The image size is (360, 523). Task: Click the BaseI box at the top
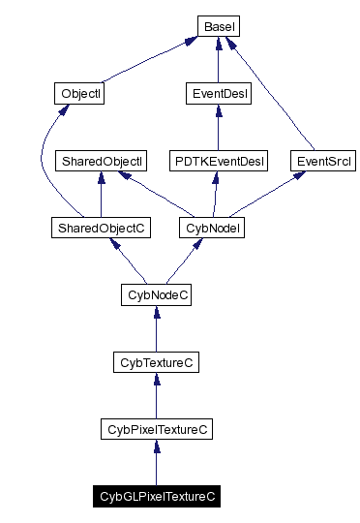coord(218,27)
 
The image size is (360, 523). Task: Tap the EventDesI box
coord(218,94)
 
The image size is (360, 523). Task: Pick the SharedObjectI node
coord(101,161)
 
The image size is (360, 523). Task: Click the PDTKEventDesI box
coord(218,161)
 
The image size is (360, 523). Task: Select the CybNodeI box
coord(211,228)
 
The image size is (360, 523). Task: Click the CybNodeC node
coord(156,294)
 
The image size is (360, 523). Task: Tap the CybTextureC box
coord(156,362)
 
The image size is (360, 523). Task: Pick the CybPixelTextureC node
coord(156,429)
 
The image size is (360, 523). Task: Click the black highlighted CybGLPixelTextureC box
coord(156,496)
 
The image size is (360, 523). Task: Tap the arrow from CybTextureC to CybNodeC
coord(156,329)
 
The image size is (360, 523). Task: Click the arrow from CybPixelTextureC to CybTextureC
coord(156,396)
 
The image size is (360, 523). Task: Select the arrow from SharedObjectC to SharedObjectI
coord(101,195)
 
